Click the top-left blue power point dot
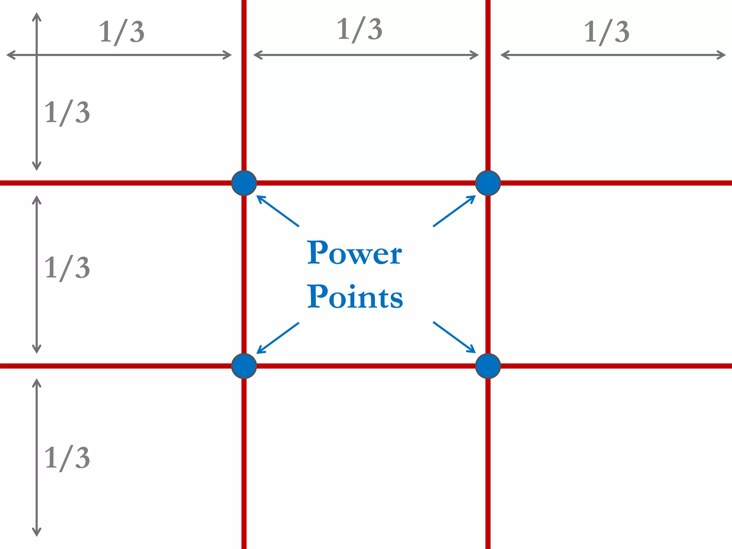point(244,183)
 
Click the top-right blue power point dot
point(488,183)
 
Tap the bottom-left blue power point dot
point(244,366)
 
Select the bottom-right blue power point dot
point(488,366)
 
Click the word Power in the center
point(355,253)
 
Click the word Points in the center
point(355,297)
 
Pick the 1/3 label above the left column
point(122,32)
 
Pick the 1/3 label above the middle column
point(360,30)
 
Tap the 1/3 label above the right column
point(607,32)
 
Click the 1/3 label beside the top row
point(67,113)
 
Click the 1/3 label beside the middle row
point(67,268)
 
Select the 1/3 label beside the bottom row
point(67,458)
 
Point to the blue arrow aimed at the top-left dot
point(278,211)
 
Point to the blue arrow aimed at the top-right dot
point(454,211)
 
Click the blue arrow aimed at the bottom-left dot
point(278,338)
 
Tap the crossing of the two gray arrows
point(36,55)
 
